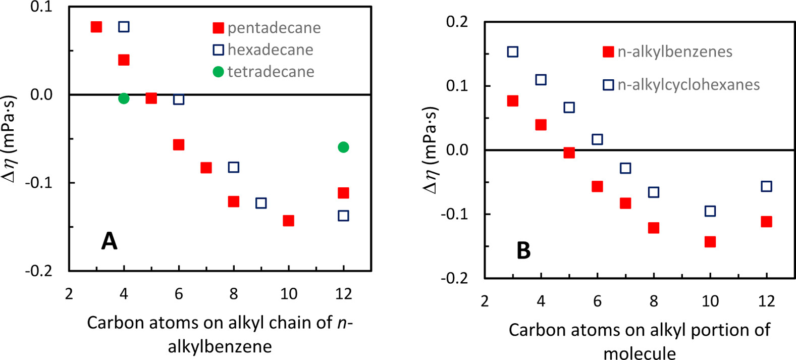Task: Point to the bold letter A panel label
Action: (x=109, y=241)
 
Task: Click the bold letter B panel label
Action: (x=523, y=250)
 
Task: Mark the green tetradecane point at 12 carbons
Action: (x=343, y=147)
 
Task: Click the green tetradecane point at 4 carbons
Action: (x=124, y=98)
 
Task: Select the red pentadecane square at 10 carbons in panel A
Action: (x=288, y=221)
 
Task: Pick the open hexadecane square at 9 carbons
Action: (x=261, y=203)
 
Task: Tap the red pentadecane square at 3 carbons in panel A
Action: (x=96, y=27)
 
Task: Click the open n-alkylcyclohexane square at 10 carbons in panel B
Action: (x=710, y=211)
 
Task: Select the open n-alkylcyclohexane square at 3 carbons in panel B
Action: (x=512, y=52)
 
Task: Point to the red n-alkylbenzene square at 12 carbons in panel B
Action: (x=766, y=222)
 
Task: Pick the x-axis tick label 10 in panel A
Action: (x=288, y=293)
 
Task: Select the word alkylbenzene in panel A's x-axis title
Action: (x=220, y=346)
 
